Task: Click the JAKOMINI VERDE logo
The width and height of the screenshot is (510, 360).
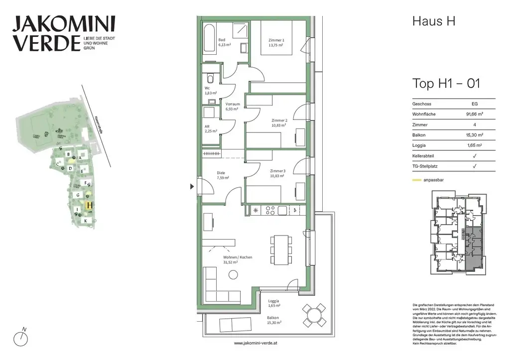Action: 63,33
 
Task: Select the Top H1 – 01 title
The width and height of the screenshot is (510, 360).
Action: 446,83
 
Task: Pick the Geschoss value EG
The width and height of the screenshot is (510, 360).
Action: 474,104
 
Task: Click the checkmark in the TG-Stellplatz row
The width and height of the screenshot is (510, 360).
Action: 474,166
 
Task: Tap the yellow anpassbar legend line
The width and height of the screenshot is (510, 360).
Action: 416,180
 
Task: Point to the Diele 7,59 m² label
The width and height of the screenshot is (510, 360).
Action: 223,175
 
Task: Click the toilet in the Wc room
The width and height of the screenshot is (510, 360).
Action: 210,78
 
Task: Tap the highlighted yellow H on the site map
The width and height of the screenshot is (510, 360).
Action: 90,205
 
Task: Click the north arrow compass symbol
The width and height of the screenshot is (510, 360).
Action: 20,338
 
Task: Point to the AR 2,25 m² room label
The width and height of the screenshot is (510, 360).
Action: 210,128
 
